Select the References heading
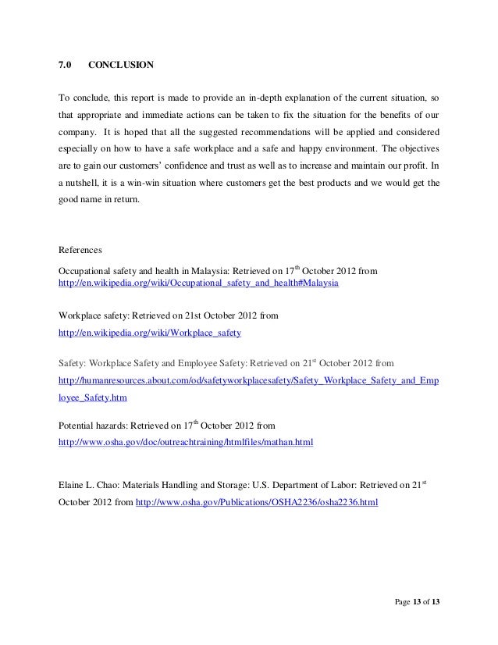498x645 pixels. tap(82, 251)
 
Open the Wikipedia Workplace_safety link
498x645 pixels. tap(151, 333)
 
